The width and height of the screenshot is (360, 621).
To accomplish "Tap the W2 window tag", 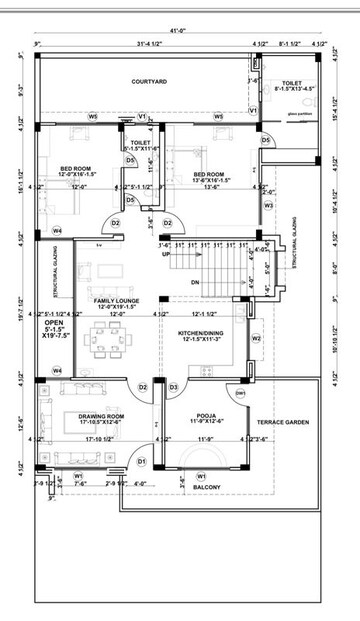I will pos(257,338).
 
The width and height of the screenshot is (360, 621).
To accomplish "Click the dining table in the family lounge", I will pos(104,334).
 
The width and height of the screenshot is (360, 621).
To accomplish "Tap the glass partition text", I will pos(298,114).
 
